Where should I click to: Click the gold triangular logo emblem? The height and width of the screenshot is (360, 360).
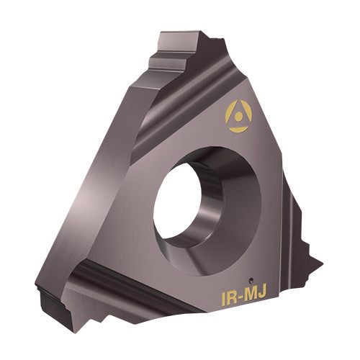[238, 117]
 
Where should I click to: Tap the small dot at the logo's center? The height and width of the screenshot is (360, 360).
[238, 117]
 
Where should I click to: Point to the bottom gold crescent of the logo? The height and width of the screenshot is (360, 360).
[238, 130]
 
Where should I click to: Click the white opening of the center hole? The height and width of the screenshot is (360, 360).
[177, 201]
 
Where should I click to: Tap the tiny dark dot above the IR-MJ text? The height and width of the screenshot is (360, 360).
[251, 279]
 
